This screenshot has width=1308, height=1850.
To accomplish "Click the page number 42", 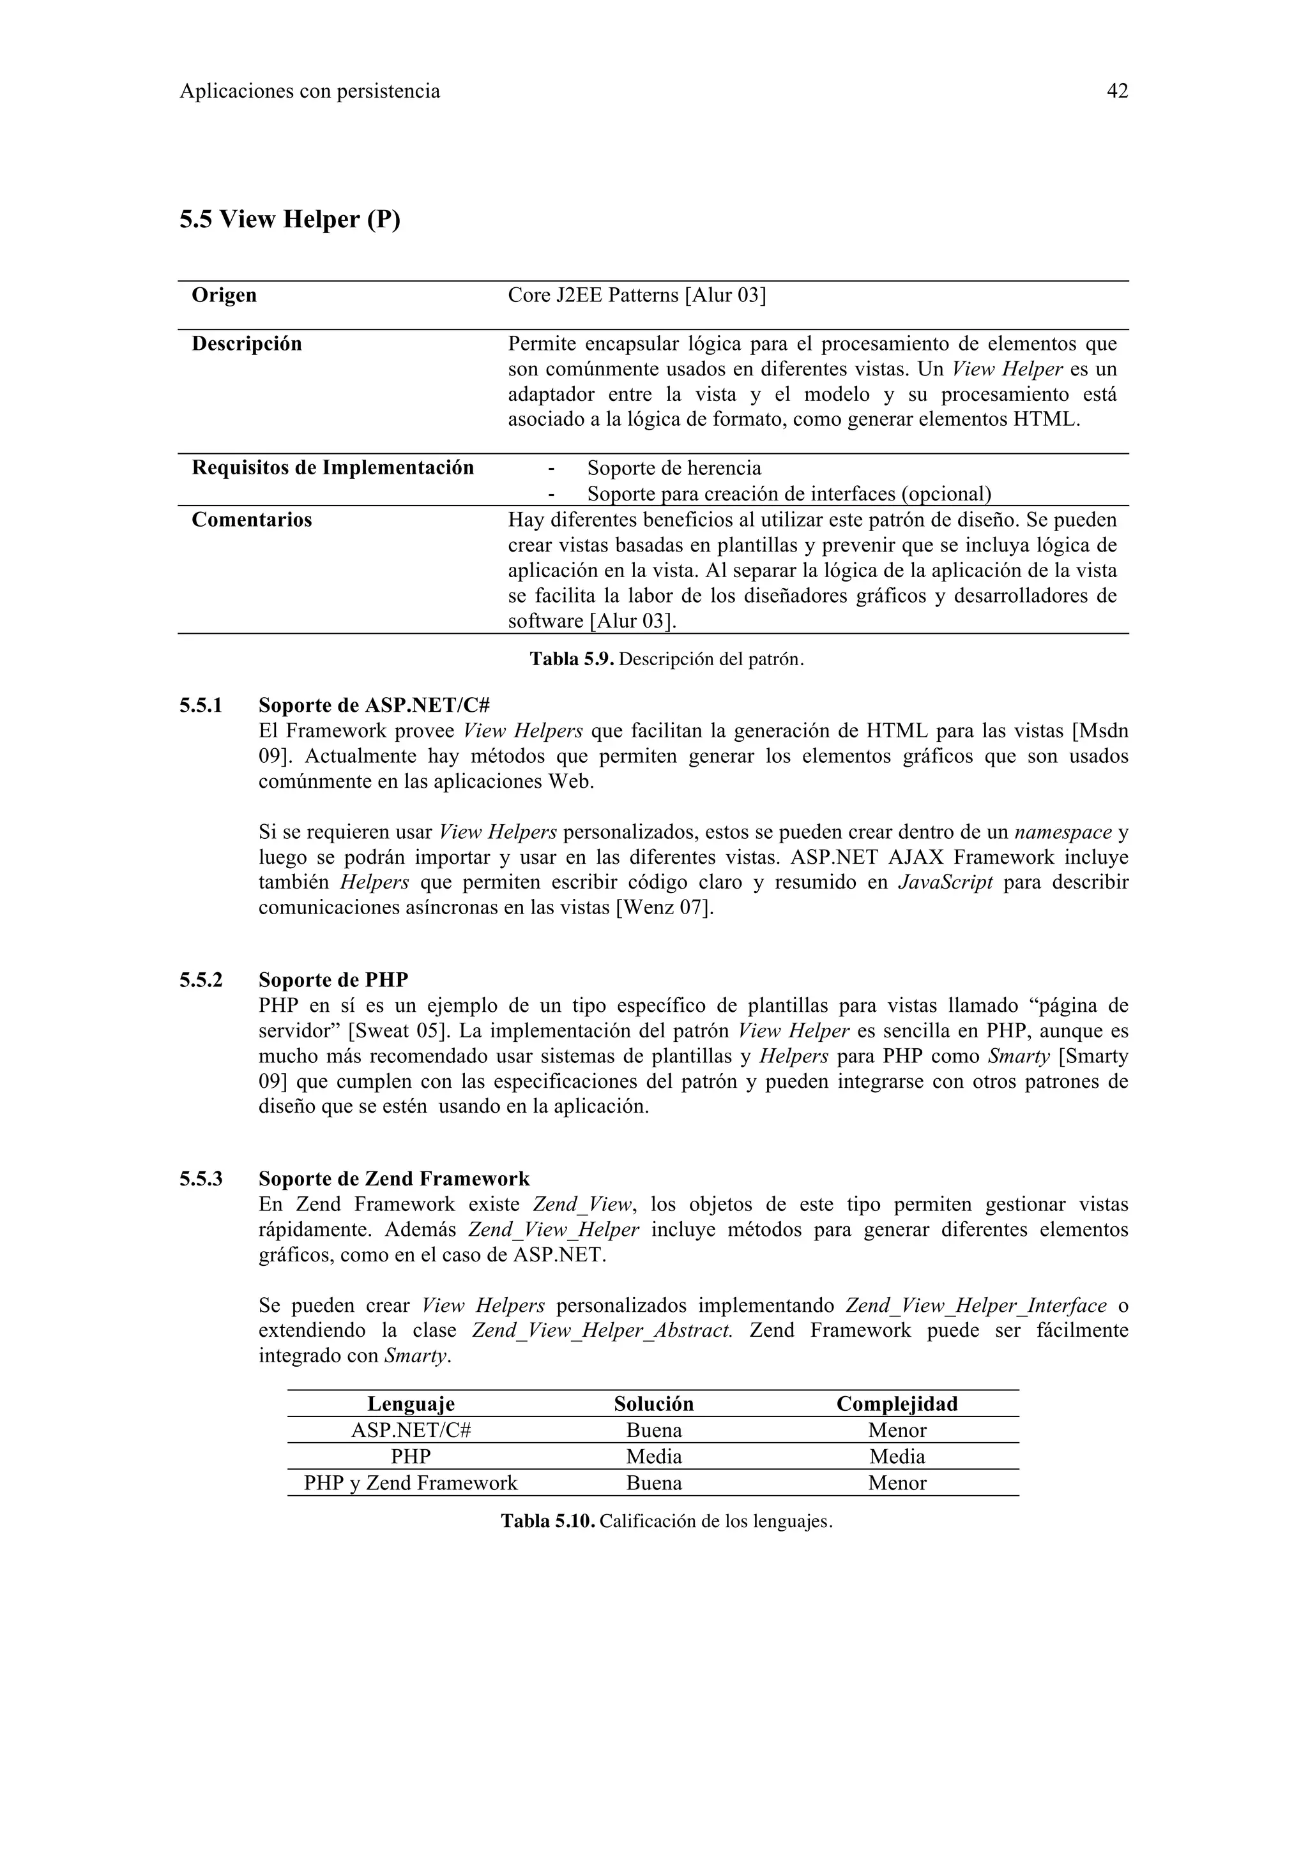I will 1117,91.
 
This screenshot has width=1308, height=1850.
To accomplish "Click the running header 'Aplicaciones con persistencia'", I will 310,91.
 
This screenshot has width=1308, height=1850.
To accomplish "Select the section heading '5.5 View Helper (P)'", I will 289,218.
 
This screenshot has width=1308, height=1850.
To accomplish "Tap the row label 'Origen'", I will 224,295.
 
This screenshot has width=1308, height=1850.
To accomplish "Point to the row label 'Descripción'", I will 247,344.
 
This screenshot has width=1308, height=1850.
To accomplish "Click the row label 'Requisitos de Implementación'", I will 332,468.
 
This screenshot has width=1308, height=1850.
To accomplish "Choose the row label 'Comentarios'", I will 252,520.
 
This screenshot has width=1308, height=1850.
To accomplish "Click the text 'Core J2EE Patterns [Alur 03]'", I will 637,295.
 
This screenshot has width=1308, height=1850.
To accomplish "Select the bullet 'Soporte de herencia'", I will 674,468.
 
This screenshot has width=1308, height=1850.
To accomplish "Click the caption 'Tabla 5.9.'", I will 572,659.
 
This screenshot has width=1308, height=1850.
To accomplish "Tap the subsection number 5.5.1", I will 201,706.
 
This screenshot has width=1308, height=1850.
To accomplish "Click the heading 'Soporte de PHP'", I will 333,980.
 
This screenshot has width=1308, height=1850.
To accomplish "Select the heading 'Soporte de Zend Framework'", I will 393,1179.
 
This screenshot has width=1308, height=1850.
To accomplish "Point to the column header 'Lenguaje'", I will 411,1404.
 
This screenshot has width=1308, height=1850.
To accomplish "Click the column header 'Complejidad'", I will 897,1404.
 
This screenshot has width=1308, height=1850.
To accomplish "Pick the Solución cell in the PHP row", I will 653,1457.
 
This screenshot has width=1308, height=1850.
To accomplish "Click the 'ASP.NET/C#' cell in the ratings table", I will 411,1430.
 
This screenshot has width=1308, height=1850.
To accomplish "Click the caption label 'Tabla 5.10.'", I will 547,1521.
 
